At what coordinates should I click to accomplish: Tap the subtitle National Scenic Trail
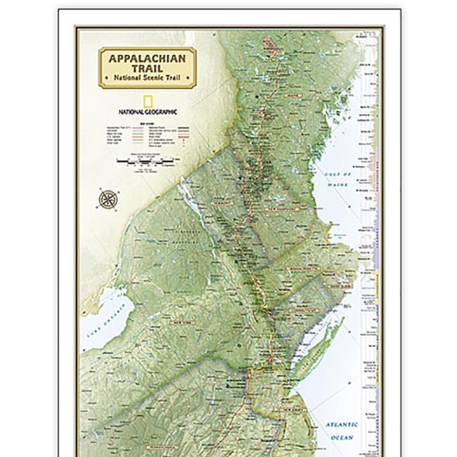click(x=147, y=78)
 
